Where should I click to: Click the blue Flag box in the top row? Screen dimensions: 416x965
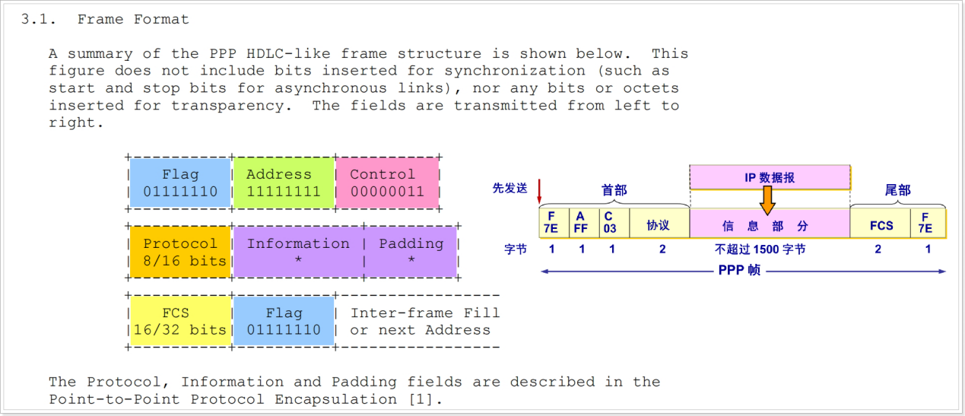[x=180, y=183]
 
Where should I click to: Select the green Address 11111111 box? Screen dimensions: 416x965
[x=284, y=183]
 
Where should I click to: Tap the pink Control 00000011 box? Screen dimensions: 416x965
[x=387, y=183]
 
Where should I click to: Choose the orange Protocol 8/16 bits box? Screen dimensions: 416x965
[x=180, y=252]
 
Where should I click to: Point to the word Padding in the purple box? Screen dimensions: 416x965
[x=411, y=243]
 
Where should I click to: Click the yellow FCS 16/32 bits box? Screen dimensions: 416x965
[x=180, y=321]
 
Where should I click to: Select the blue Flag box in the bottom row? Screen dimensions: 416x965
[x=284, y=321]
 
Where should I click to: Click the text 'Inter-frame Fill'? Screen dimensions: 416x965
[x=424, y=313]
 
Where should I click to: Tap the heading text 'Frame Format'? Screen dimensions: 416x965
[x=133, y=19]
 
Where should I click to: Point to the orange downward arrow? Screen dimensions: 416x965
[x=767, y=199]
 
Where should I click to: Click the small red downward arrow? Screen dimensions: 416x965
[x=538, y=189]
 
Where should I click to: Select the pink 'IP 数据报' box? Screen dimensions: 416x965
[x=770, y=177]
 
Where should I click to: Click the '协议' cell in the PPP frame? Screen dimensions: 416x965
[x=659, y=226]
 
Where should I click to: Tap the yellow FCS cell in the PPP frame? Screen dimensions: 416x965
[x=881, y=226]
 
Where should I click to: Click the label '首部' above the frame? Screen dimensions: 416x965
[x=614, y=190]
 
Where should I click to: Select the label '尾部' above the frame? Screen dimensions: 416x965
[x=897, y=190]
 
